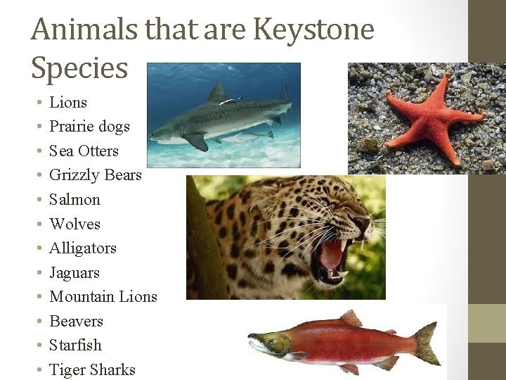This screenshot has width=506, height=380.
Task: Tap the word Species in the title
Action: [x=79, y=68]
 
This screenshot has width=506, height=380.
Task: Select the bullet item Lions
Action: [x=68, y=103]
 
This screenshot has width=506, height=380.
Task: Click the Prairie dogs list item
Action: [x=89, y=127]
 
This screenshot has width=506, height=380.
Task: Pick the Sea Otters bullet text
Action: [x=84, y=151]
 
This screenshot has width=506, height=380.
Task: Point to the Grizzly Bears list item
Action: [x=96, y=175]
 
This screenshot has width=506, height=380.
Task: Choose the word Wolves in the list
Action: [x=74, y=224]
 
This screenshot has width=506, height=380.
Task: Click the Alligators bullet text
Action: [x=83, y=248]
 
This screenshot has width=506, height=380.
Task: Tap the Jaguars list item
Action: [x=74, y=273]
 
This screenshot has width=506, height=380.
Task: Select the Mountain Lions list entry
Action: [x=103, y=297]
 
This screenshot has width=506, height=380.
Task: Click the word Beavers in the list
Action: [x=76, y=322]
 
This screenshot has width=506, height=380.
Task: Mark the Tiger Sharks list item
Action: [x=92, y=370]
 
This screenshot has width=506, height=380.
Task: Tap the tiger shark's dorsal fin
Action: [x=219, y=93]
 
